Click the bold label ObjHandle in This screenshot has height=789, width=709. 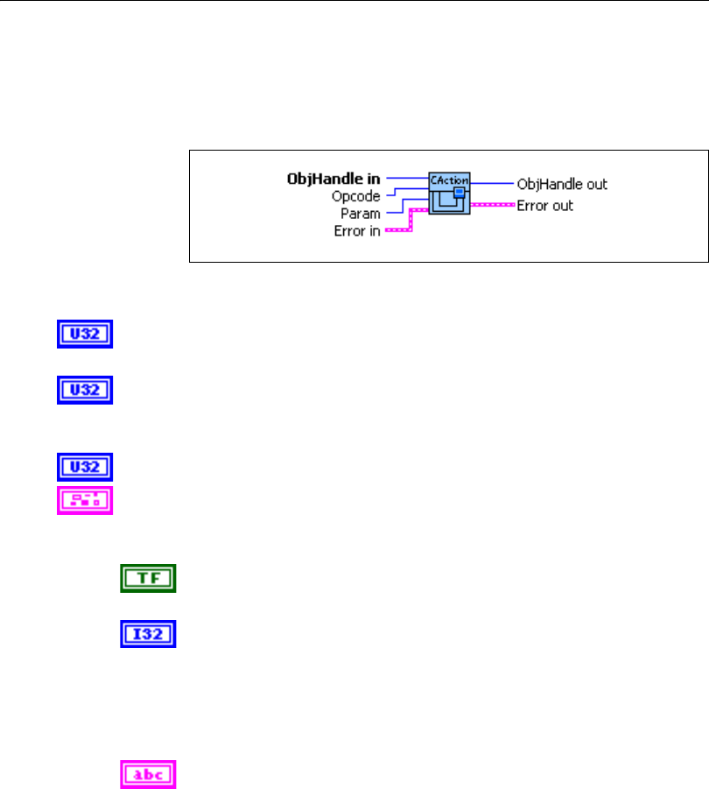340,180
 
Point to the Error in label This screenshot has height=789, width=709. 357,231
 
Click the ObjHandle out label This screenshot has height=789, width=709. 562,184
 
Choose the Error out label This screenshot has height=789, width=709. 545,207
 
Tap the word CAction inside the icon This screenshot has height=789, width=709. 449,180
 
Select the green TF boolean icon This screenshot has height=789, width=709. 148,578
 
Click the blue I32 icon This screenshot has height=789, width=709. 148,633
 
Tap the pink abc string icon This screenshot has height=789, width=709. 148,773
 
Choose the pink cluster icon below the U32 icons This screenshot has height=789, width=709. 85,499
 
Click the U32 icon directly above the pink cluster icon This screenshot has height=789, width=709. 85,465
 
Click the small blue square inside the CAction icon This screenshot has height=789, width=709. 459,192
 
